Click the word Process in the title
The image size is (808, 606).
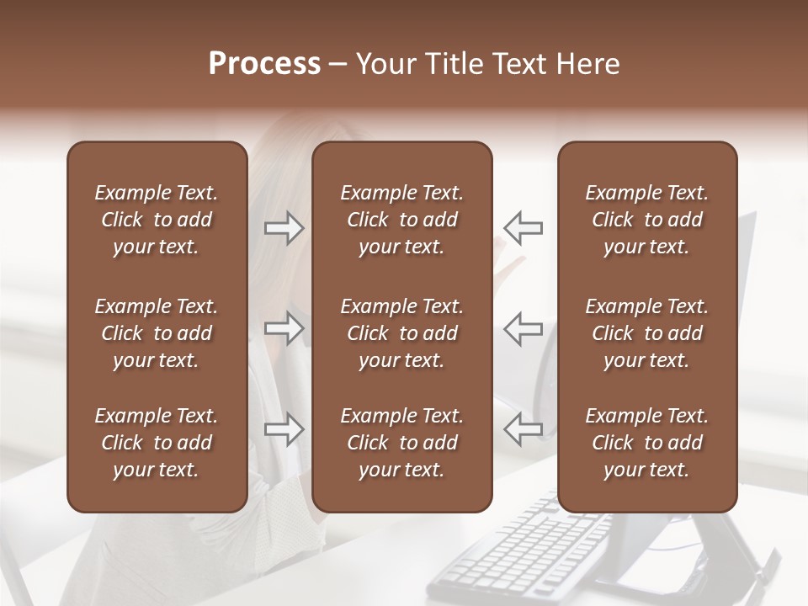tap(264, 64)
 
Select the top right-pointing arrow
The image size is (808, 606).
tap(284, 228)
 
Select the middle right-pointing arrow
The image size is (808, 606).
tap(284, 328)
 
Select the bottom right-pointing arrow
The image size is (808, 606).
tap(284, 429)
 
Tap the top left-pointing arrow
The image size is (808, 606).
tap(523, 228)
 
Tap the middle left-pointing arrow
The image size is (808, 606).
tap(523, 328)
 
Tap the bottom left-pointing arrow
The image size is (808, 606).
tap(523, 429)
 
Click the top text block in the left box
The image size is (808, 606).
tap(157, 220)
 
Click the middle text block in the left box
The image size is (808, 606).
tap(157, 333)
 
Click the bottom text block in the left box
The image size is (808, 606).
tap(157, 443)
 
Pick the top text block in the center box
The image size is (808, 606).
tap(401, 220)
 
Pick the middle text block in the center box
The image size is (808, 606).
tap(401, 333)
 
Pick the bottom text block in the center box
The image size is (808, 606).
tap(401, 443)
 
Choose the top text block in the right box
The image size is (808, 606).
tap(646, 220)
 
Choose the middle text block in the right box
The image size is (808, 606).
tap(646, 333)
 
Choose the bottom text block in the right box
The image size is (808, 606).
tap(646, 443)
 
